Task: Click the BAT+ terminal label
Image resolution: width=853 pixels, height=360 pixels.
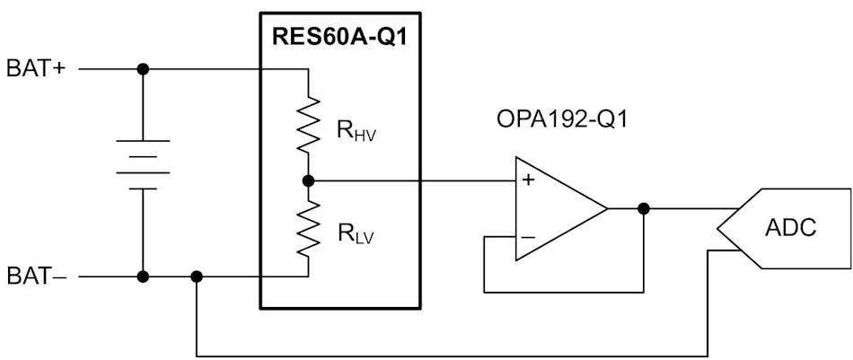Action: (36, 69)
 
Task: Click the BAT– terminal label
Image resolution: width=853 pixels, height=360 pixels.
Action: (36, 277)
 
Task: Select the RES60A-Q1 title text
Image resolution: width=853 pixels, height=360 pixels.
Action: (339, 38)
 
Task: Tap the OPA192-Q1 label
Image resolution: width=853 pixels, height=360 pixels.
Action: (561, 119)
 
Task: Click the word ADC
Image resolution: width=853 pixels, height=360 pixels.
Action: (790, 228)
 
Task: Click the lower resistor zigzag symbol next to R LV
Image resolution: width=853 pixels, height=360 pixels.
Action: (308, 228)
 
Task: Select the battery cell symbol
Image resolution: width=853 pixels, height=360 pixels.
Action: (143, 164)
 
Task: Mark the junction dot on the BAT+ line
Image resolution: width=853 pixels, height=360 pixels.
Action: (143, 69)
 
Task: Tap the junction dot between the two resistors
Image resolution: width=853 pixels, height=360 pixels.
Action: (308, 180)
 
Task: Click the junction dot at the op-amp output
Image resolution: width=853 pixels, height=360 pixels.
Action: (643, 208)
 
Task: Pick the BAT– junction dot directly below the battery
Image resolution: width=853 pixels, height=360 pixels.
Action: (143, 277)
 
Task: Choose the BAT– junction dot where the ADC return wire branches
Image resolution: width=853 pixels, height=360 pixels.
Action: (197, 277)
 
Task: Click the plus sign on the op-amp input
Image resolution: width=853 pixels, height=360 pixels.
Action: (528, 180)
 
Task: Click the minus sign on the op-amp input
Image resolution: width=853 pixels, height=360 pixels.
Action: (528, 237)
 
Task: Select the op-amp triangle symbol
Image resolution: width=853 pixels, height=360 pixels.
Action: (557, 208)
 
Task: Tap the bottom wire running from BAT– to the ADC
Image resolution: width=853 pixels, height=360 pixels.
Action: (449, 356)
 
